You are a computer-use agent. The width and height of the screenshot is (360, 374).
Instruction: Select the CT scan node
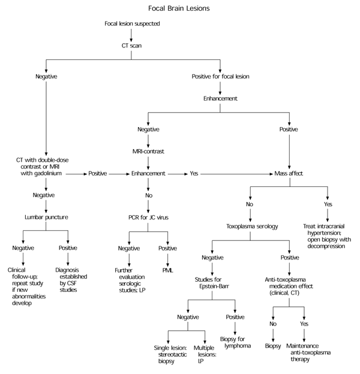click(x=131, y=45)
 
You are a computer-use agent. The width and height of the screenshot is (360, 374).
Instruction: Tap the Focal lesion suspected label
click(x=131, y=23)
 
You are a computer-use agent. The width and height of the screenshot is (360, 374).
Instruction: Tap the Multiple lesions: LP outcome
click(x=204, y=354)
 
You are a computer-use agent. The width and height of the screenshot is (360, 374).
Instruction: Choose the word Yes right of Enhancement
click(x=194, y=173)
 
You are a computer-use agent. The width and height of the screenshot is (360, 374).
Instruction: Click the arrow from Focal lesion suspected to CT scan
click(x=131, y=34)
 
